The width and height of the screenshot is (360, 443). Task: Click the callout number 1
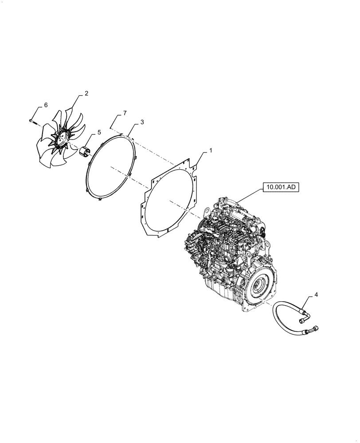coord(210,151)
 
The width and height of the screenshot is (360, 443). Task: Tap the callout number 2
coord(86,93)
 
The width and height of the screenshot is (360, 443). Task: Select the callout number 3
coord(142,122)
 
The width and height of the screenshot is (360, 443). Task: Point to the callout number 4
coord(316,295)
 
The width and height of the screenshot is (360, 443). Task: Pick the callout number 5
coord(99,132)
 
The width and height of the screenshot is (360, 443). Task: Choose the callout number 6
coord(46,105)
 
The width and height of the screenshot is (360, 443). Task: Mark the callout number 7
coord(125,113)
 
